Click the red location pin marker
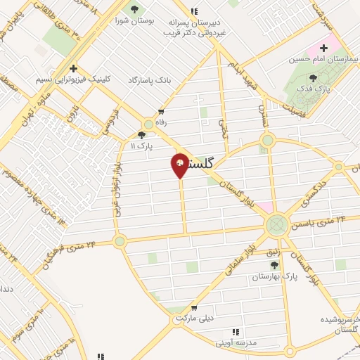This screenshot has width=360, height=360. pyautogui.click(x=180, y=165)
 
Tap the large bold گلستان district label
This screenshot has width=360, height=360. pyautogui.click(x=212, y=163)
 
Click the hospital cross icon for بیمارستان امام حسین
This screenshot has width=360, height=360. pyautogui.click(x=323, y=49)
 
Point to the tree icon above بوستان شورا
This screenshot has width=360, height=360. pyautogui.click(x=134, y=9)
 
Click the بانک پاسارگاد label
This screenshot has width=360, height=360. pyautogui.click(x=150, y=80)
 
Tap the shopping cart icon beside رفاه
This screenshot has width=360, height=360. pyautogui.click(x=162, y=111)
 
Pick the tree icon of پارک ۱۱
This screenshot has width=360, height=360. pyautogui.click(x=142, y=134)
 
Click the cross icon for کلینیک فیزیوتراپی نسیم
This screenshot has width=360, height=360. pyautogui.click(x=73, y=67)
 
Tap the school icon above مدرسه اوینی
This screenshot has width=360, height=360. pyautogui.click(x=236, y=332)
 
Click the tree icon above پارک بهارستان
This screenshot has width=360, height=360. pyautogui.click(x=274, y=265)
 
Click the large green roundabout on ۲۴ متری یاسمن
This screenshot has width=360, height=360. pyautogui.click(x=276, y=226)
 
